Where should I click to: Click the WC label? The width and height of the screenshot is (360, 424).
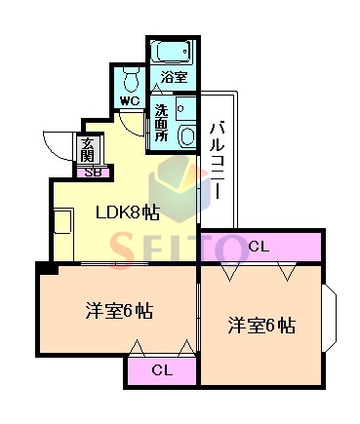click(x=130, y=100)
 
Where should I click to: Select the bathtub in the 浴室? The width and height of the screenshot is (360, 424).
click(x=173, y=51)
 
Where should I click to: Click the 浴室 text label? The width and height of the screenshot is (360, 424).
click(x=174, y=77)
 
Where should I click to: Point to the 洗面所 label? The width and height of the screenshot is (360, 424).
click(x=161, y=123)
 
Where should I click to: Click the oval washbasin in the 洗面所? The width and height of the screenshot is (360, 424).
click(x=186, y=136)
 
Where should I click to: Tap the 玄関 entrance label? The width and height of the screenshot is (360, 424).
click(x=88, y=149)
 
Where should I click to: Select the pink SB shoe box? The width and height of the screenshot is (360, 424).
click(x=94, y=173)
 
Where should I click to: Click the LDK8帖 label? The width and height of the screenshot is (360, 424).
click(x=127, y=213)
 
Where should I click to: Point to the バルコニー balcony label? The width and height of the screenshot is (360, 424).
click(x=217, y=160)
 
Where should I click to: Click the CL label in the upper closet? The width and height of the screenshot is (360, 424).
click(x=259, y=247)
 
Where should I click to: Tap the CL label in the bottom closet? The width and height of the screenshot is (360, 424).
click(x=162, y=370)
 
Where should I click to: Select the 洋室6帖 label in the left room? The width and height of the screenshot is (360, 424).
click(x=119, y=311)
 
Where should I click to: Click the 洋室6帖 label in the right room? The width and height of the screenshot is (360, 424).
click(x=261, y=326)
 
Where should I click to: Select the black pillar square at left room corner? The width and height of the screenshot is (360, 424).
click(x=47, y=268)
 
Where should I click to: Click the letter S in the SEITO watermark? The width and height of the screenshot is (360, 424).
click(x=123, y=251)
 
